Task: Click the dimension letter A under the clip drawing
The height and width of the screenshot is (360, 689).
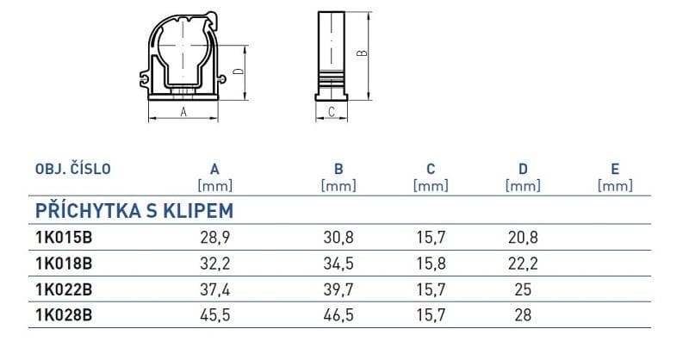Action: click(183, 112)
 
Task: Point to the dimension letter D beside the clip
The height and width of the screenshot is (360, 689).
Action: click(239, 71)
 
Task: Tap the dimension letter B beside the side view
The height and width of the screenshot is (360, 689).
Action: click(362, 53)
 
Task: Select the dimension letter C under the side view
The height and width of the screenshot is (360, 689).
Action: click(332, 112)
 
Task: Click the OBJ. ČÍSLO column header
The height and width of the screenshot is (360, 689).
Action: click(73, 168)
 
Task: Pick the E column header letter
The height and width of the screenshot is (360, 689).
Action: click(615, 169)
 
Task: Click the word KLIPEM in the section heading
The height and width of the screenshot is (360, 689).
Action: click(199, 211)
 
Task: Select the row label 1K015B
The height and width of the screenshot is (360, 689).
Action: click(64, 238)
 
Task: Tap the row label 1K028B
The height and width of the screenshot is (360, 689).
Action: click(64, 315)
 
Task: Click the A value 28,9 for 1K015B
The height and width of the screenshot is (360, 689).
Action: click(214, 238)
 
